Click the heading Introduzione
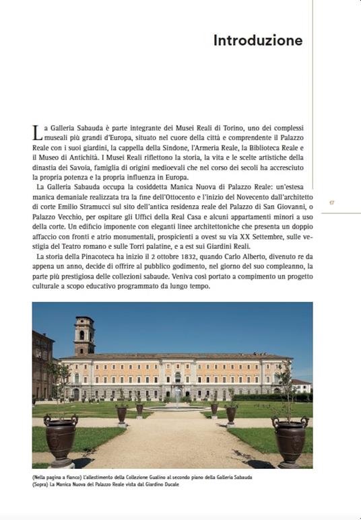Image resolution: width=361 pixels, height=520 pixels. pos(257,40)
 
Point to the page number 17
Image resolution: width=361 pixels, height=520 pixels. pos(331,202)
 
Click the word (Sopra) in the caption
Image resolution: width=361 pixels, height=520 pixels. pos(41,484)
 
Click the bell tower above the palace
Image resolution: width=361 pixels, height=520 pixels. pos(84,335)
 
